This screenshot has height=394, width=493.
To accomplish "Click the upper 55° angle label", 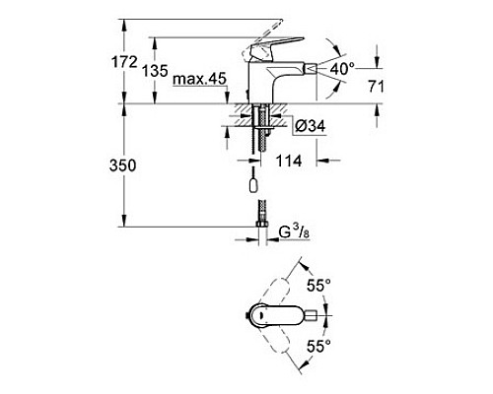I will coord(317,285).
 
